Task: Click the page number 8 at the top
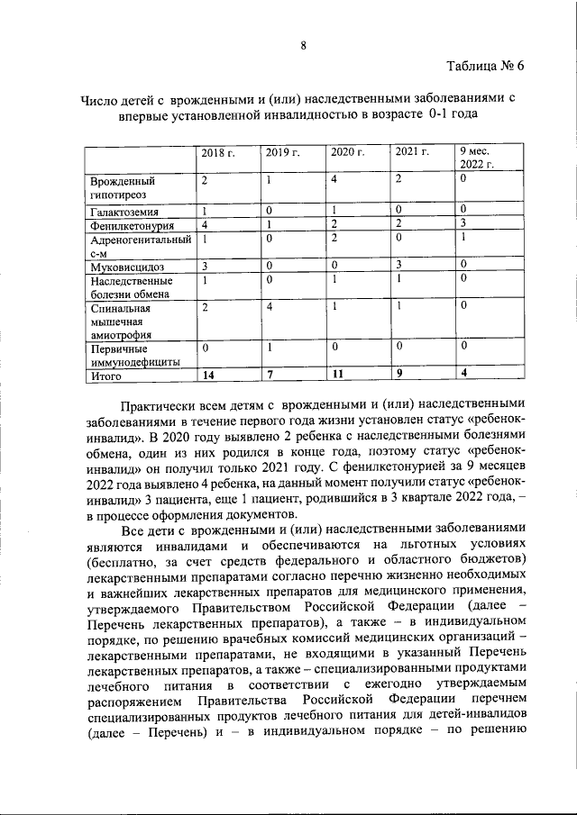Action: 304,46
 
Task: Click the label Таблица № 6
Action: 484,68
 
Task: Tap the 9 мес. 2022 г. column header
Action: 477,157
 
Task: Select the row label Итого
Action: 105,376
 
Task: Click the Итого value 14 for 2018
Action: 208,375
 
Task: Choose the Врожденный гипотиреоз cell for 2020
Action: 334,180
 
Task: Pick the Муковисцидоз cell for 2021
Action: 398,266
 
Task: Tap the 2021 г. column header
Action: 412,152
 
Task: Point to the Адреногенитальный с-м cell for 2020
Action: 334,239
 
